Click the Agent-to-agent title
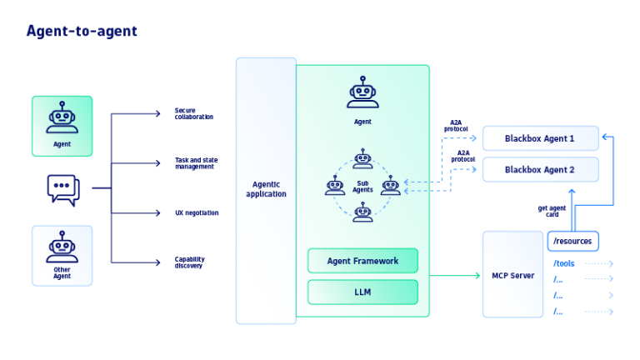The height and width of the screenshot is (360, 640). (x=82, y=32)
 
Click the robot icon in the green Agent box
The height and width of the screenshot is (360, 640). (x=62, y=118)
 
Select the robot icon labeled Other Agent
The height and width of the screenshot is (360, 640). (x=62, y=248)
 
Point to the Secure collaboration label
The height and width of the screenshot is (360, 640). (x=193, y=113)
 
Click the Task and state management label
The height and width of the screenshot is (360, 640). (x=196, y=163)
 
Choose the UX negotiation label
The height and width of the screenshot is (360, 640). (x=197, y=212)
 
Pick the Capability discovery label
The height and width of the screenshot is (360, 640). (x=189, y=262)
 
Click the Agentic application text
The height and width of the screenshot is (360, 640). (x=266, y=189)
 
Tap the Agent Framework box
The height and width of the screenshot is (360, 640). (x=362, y=261)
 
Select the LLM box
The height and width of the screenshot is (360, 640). (x=362, y=292)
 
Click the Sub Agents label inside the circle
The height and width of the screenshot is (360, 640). (x=362, y=186)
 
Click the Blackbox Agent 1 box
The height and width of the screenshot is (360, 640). (x=540, y=138)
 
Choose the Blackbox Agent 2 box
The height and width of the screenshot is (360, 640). (x=540, y=169)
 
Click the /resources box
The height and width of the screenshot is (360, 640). (x=572, y=241)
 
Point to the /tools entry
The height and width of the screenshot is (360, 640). (x=564, y=264)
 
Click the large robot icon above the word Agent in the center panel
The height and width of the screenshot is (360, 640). (x=362, y=92)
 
